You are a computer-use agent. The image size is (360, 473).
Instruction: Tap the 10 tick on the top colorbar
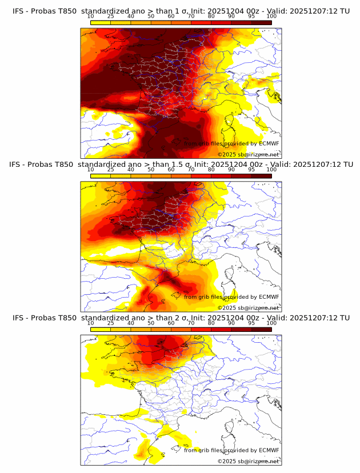tap(91, 16)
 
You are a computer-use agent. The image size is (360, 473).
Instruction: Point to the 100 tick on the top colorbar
tap(271, 16)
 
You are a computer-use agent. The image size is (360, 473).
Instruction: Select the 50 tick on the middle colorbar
tap(151, 170)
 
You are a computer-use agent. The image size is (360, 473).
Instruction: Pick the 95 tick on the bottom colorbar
tap(251, 323)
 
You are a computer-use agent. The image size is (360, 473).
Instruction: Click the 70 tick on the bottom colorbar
tap(191, 323)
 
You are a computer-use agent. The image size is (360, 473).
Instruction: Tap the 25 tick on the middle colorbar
tap(111, 170)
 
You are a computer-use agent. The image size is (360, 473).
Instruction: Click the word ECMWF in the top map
tap(269, 143)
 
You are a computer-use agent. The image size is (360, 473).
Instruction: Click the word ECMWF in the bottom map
tap(269, 450)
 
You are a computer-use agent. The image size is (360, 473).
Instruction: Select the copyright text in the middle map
tap(249, 307)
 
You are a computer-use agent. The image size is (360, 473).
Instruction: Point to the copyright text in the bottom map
tap(249, 461)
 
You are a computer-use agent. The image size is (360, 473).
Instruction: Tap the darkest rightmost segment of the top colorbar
tap(261, 22)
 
